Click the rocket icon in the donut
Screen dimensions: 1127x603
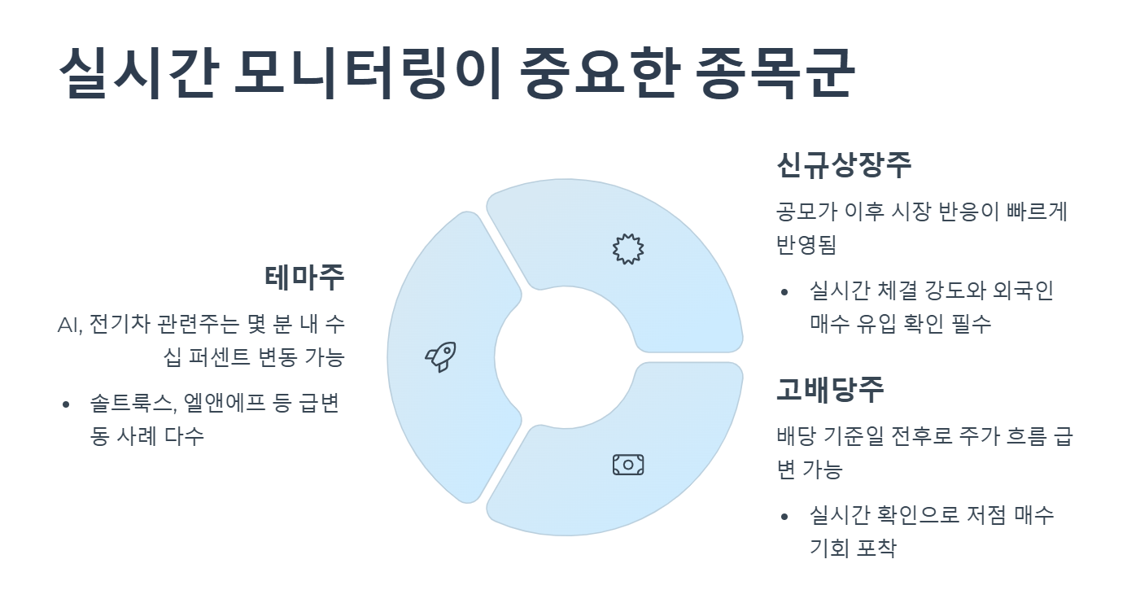pos(440,356)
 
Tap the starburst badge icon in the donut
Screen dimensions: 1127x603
pos(627,248)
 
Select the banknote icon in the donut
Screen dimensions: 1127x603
pos(627,465)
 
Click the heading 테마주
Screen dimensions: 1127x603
pos(304,277)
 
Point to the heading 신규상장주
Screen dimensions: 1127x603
pos(844,166)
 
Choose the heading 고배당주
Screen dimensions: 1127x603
pos(830,389)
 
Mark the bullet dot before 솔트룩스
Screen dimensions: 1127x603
pos(65,404)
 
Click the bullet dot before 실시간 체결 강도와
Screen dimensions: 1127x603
pos(784,292)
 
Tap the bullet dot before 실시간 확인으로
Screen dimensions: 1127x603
pos(784,516)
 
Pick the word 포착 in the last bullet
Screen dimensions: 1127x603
pos(876,548)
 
